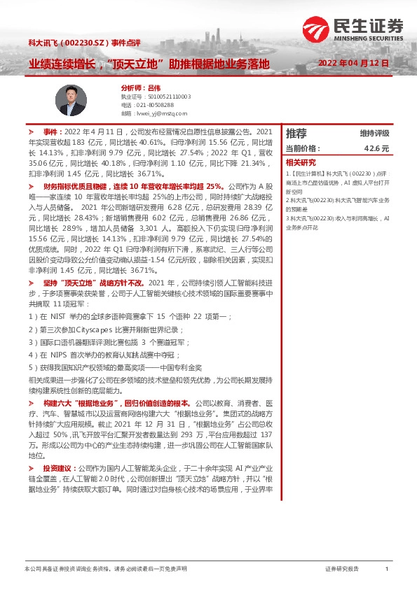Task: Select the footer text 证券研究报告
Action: pos(342,569)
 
